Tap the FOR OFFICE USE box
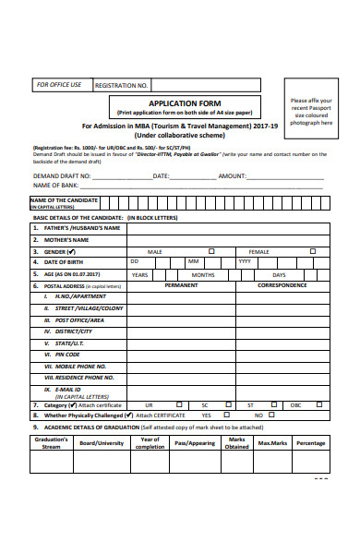(59, 84)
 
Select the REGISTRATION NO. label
(122, 85)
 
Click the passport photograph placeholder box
(311, 112)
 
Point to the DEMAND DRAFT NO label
(62, 175)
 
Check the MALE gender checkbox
(211, 250)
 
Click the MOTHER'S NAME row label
(69, 239)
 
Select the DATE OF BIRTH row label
(69, 262)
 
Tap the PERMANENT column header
(180, 285)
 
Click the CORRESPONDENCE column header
(282, 285)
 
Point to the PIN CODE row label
(67, 355)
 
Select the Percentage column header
(310, 443)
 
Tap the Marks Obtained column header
(237, 443)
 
